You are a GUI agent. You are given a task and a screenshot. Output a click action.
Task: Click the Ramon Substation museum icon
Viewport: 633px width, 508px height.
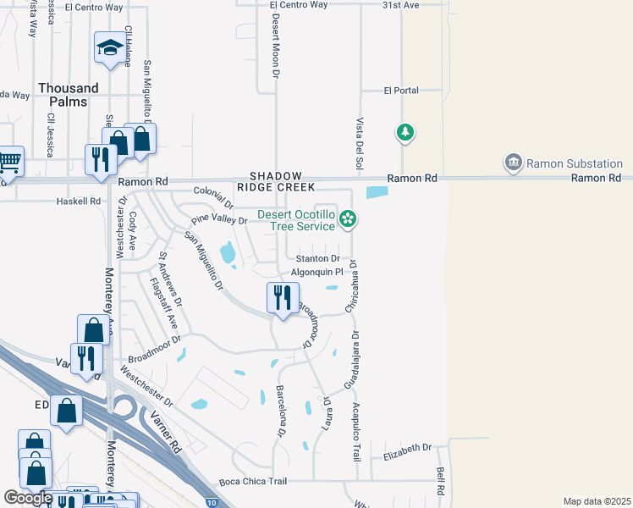coord(512,162)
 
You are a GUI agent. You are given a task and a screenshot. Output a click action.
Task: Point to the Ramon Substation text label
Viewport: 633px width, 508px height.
coord(575,163)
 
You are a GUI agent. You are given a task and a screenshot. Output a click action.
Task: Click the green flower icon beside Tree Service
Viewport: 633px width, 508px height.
coord(347,220)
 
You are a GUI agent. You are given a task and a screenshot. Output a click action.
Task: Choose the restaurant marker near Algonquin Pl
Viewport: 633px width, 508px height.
coord(282,298)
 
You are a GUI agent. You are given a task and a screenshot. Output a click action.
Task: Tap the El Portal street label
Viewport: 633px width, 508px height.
coord(401,91)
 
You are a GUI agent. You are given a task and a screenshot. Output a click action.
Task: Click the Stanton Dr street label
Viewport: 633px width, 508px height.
coord(316,258)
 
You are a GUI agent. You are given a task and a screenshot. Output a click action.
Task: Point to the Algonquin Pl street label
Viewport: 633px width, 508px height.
coord(316,272)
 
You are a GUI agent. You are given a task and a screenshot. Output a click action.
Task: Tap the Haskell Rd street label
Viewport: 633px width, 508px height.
coord(78,202)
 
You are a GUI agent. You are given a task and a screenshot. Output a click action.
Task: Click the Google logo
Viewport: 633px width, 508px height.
coord(28,498)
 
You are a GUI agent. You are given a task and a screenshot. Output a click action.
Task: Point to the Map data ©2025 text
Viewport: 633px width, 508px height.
coord(597,501)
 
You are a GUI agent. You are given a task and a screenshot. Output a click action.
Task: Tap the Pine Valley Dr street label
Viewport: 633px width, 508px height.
coord(218,220)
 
